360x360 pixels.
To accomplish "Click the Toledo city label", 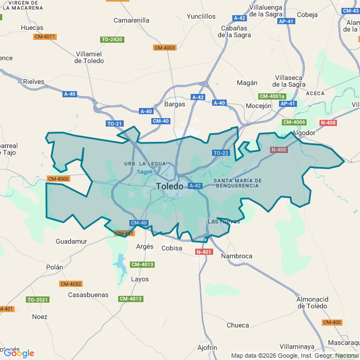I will click(x=169, y=186).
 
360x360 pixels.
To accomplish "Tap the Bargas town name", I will click(x=174, y=104).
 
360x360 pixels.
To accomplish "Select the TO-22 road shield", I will click(x=220, y=153).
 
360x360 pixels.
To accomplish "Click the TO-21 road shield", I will click(x=114, y=123).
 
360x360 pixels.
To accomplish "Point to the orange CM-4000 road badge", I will click(x=58, y=179).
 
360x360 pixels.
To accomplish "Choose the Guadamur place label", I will click(x=71, y=241).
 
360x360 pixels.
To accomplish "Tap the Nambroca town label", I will click(x=237, y=256).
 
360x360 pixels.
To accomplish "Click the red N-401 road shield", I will click(x=204, y=252).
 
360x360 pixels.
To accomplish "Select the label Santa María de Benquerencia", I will click(x=236, y=182).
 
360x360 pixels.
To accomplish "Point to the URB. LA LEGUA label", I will click(x=145, y=164).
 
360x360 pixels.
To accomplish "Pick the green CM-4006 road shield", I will click(x=294, y=122).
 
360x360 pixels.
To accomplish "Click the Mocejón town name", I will click(x=259, y=106).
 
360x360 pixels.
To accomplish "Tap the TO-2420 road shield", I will click(x=112, y=39).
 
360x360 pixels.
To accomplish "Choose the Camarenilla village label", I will click(x=132, y=20).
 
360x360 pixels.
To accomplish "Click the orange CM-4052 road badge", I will click(x=71, y=284).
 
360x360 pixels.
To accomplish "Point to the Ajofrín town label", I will click(x=208, y=348).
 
